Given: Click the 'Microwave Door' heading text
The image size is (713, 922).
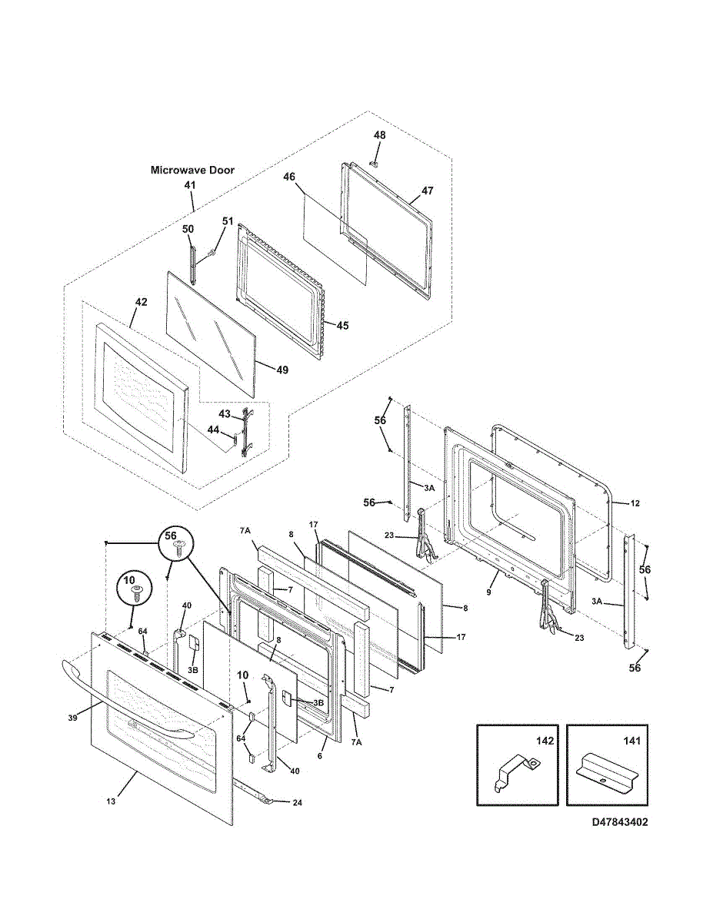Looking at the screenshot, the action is tap(192, 170).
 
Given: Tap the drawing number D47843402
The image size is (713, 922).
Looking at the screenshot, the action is tap(620, 822).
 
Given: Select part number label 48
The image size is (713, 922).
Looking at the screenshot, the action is tap(380, 135).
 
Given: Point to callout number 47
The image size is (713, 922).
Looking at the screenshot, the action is tap(427, 191).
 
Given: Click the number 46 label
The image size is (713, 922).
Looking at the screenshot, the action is tap(289, 177).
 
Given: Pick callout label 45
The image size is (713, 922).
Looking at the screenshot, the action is tap(343, 326).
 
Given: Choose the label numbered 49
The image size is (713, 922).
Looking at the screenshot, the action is tap(282, 370).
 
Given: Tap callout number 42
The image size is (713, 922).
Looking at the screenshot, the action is tap(141, 302).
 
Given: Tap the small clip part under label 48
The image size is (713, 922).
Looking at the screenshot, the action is tap(374, 163).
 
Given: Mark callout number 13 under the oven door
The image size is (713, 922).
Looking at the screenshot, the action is tap(111, 801).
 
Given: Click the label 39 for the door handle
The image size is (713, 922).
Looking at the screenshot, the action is tap(72, 718).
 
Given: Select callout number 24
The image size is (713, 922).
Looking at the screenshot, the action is tap(297, 802).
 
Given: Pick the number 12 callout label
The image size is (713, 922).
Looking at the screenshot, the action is tap(635, 503).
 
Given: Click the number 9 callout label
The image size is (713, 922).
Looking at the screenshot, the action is tap(488, 592).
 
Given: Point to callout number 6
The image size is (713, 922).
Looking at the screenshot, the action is tap(320, 756).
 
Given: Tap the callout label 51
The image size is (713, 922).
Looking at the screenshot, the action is tap(228, 221).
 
